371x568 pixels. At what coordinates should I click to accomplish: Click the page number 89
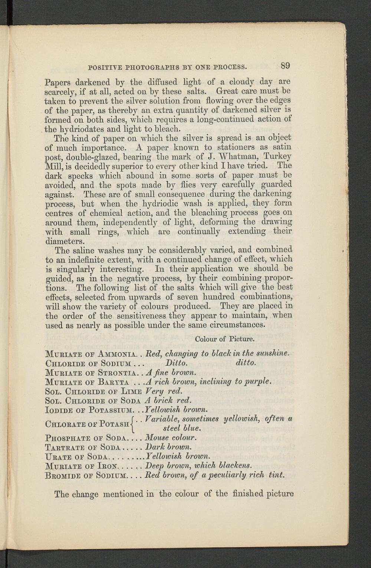(285, 66)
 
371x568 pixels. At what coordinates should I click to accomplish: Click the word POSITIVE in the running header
(101, 68)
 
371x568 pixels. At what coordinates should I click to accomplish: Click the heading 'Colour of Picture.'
(224, 339)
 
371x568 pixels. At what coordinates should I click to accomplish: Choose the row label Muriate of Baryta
(87, 382)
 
